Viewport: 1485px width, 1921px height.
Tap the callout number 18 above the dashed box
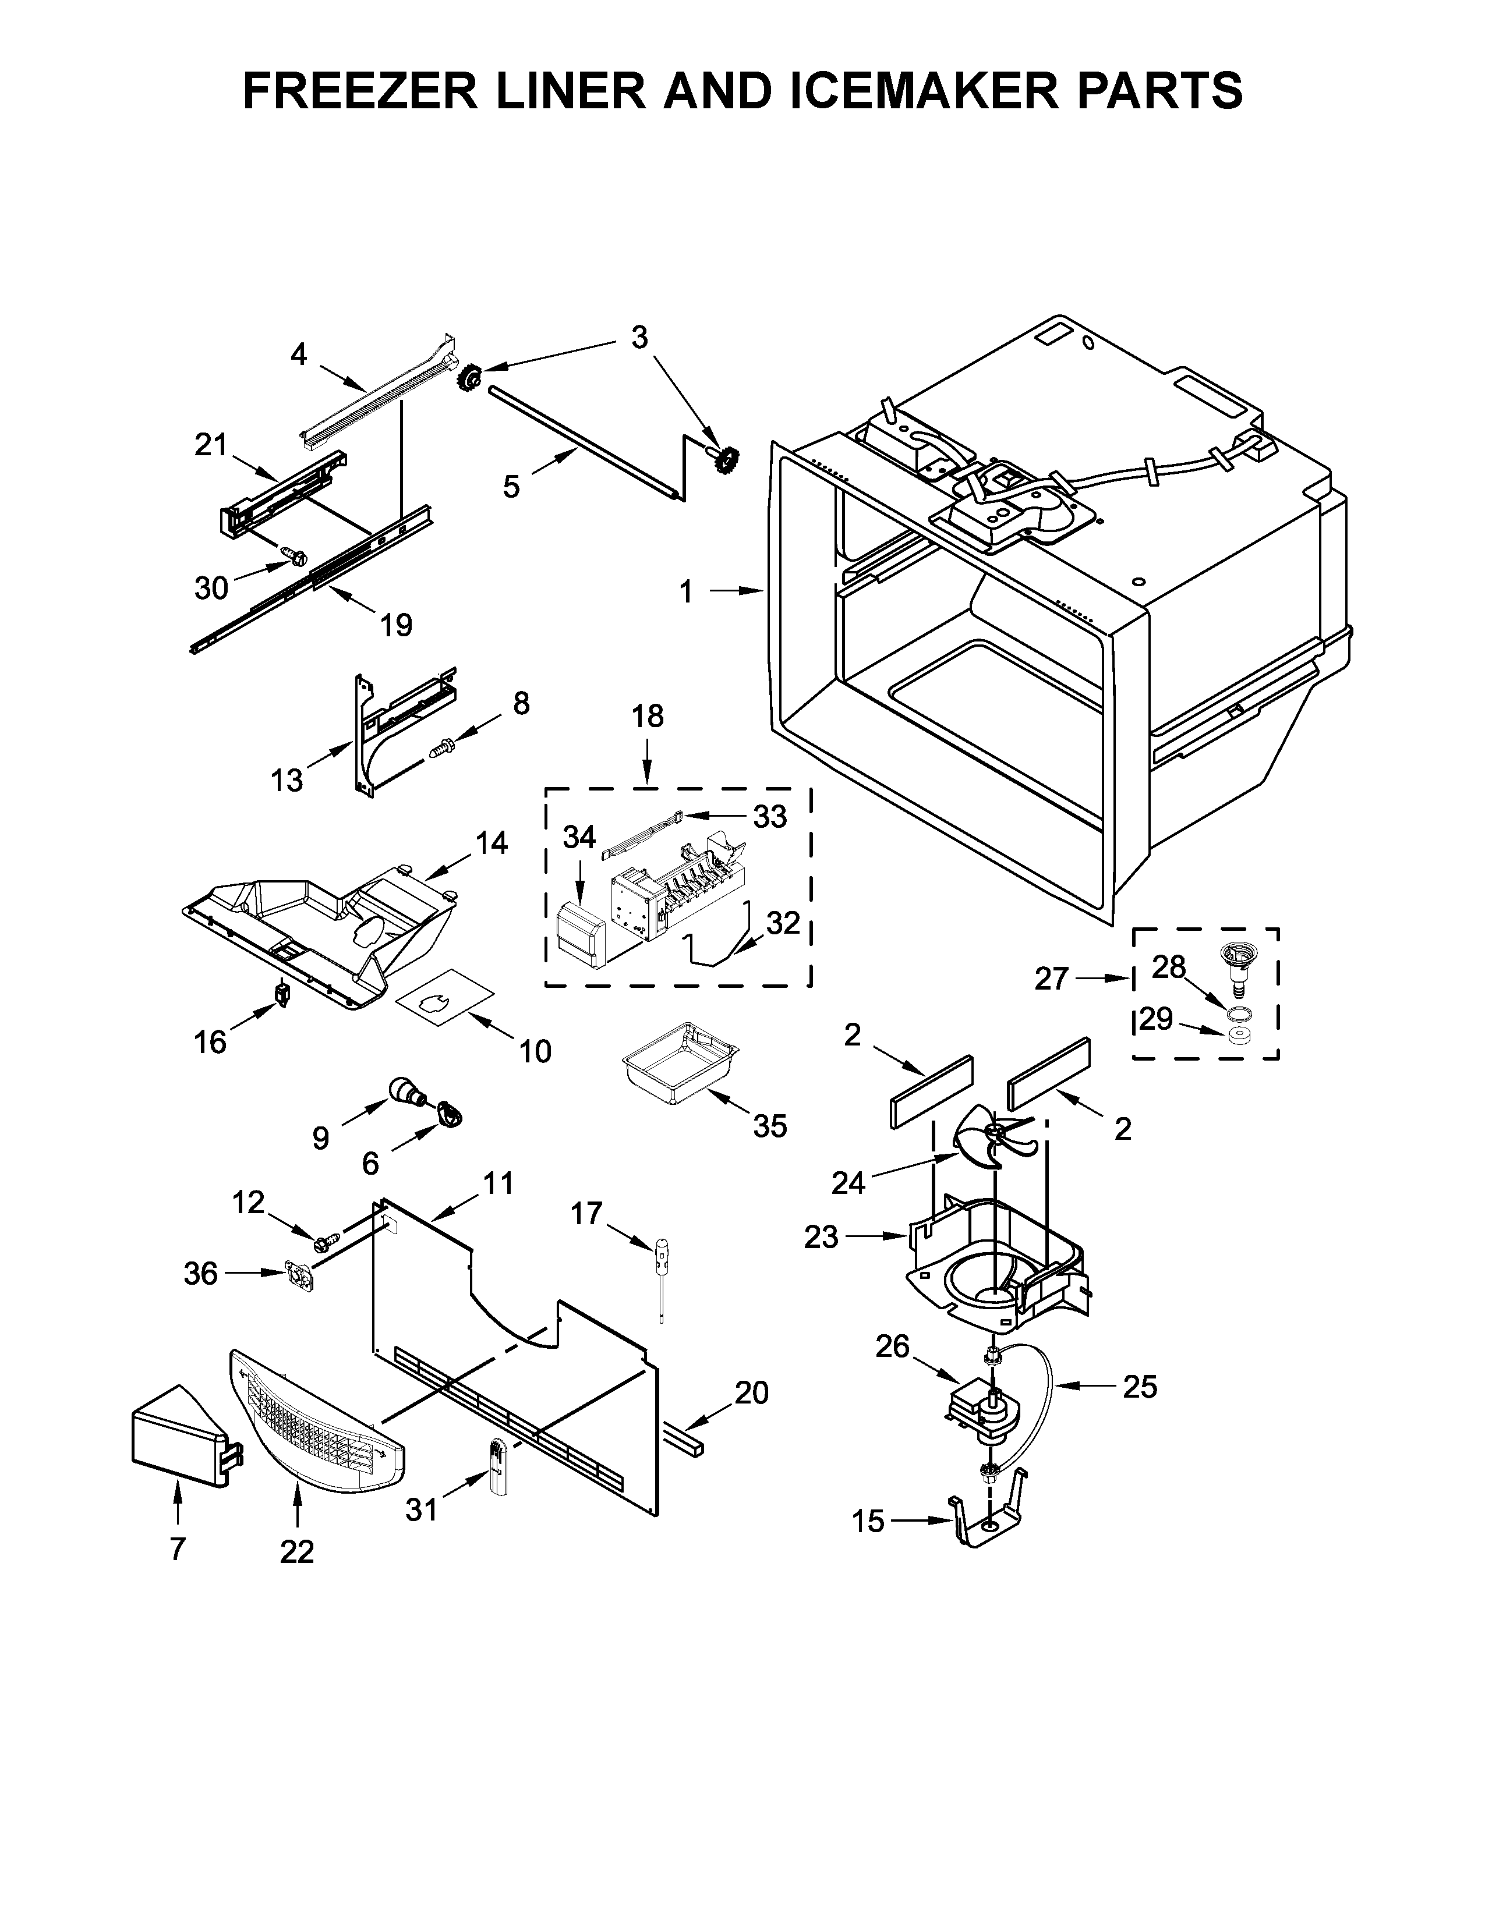tap(648, 716)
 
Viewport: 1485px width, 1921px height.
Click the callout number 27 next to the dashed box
tap(1051, 978)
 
